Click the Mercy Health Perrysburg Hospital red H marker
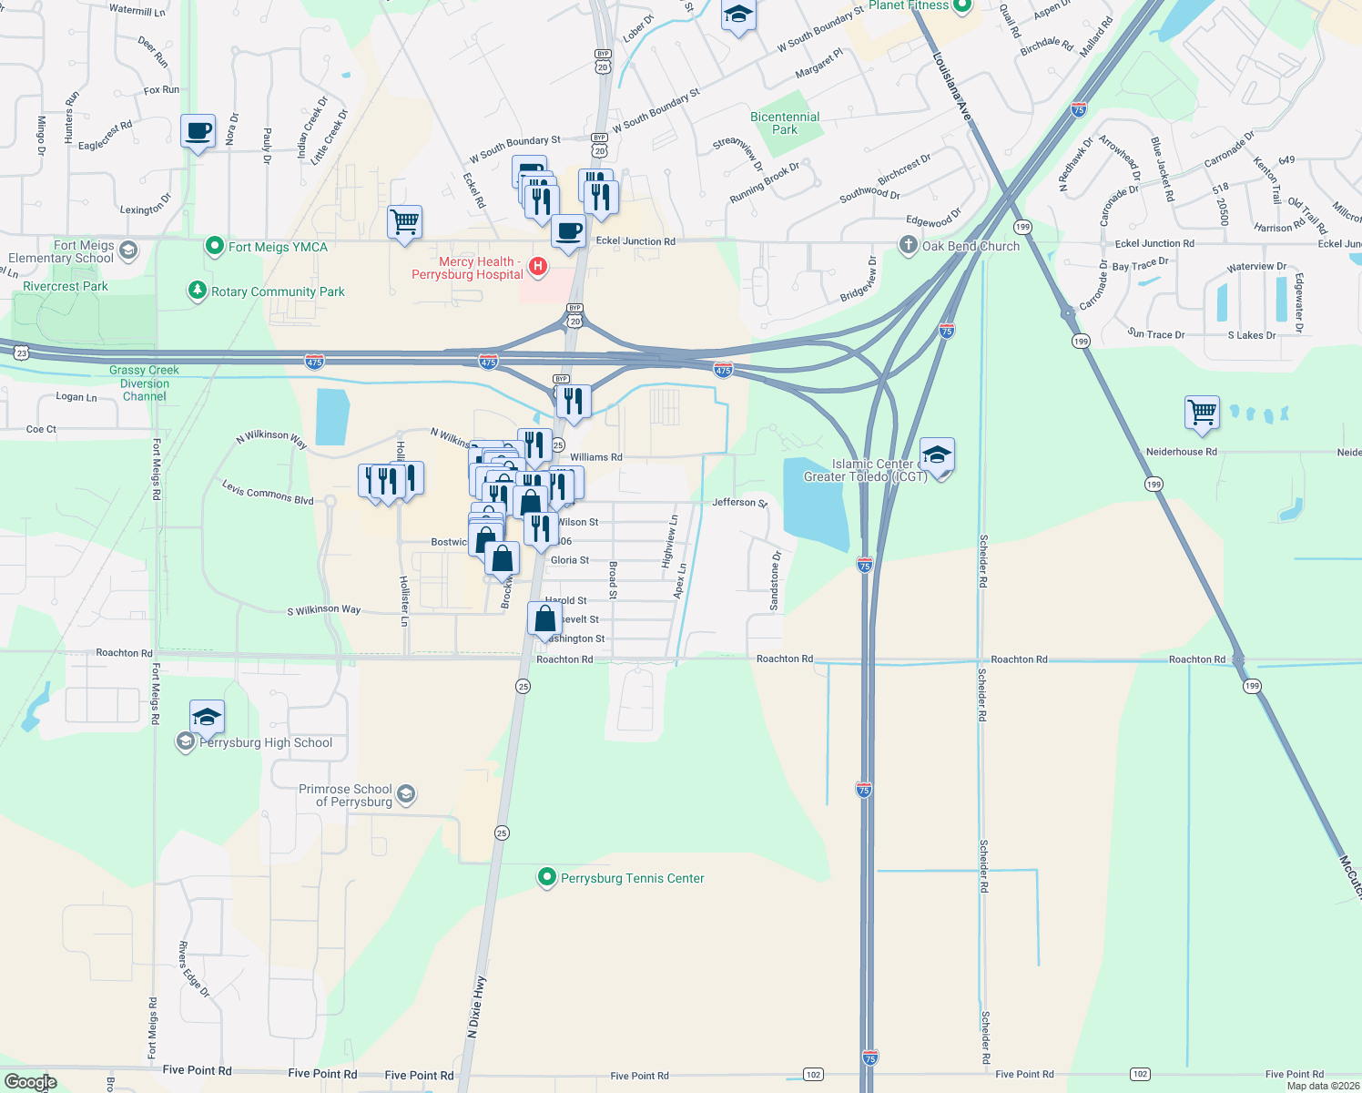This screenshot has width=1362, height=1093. (x=538, y=266)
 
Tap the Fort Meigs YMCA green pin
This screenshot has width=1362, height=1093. (x=215, y=246)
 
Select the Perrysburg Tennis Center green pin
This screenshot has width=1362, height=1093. (x=546, y=877)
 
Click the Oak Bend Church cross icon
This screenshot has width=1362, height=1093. (x=908, y=244)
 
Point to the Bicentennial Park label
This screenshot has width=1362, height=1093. (x=785, y=123)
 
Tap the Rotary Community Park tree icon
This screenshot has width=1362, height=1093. (x=197, y=291)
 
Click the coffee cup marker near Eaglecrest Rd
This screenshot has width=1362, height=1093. (x=198, y=132)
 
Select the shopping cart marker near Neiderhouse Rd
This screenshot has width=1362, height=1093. (x=1202, y=412)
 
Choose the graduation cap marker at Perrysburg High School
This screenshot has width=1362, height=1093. (x=207, y=717)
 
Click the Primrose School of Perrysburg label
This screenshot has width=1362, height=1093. (x=346, y=795)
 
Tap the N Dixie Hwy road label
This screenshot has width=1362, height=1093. (x=476, y=1006)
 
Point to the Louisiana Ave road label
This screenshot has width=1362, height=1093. (x=953, y=87)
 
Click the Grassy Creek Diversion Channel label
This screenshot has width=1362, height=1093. (x=144, y=383)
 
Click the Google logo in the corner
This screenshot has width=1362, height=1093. (x=30, y=1081)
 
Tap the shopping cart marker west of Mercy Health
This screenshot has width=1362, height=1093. (x=404, y=221)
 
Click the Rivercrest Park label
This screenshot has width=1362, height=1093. (x=66, y=286)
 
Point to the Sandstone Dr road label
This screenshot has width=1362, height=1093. (x=776, y=581)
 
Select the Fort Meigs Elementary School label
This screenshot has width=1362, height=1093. (x=61, y=251)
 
